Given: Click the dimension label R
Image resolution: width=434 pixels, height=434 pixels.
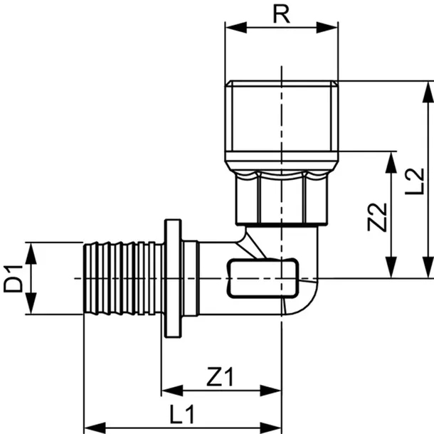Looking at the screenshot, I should (282, 15).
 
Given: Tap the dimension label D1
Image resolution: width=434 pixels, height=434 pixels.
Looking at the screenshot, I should (13, 278).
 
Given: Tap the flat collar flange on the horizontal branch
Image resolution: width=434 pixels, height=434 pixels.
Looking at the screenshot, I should (173, 278).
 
